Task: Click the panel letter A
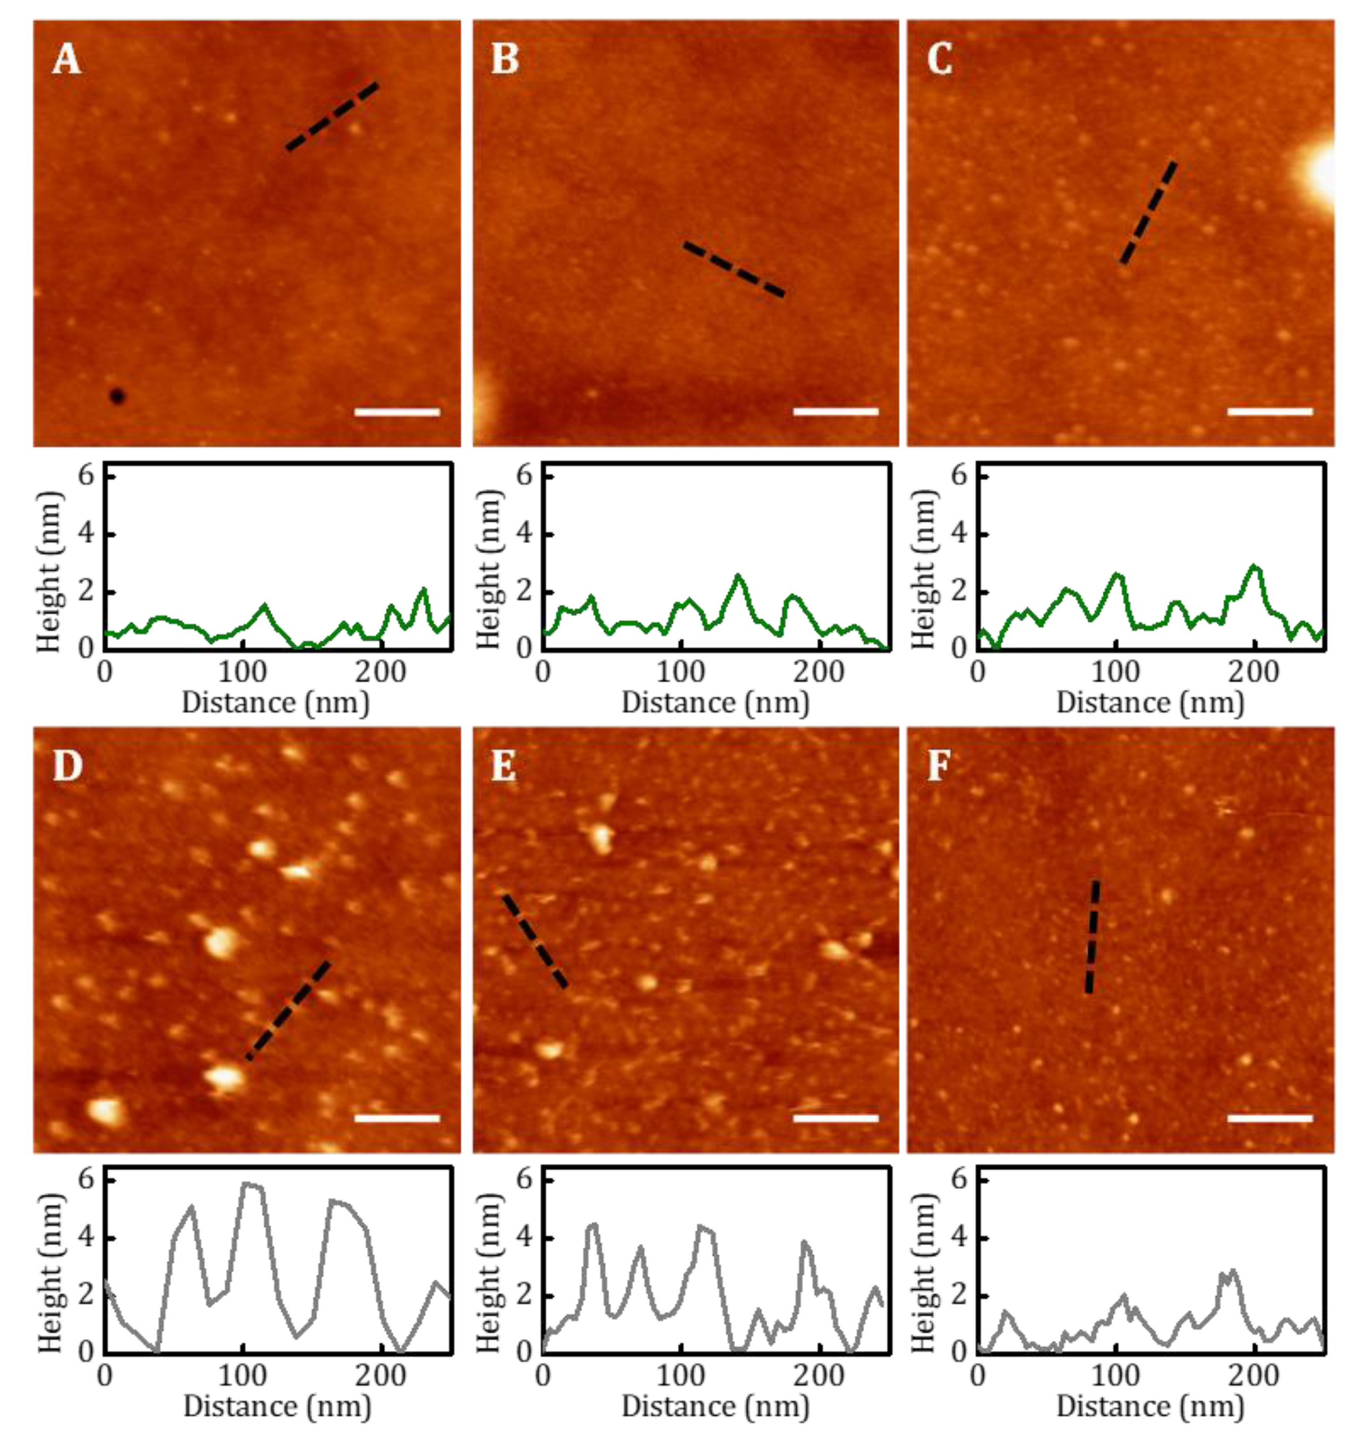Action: click(66, 59)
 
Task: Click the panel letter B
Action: click(505, 59)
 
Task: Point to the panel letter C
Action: click(940, 59)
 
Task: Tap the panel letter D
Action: click(67, 766)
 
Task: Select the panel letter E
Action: click(504, 766)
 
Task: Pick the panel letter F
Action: click(939, 766)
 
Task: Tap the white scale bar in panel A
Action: click(397, 413)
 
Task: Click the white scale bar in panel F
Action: click(1270, 1118)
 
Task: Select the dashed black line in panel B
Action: click(734, 269)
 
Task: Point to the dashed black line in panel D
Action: click(288, 1010)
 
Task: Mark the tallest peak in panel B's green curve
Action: click(738, 576)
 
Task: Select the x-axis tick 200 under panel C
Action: click(1254, 672)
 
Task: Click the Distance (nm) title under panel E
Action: click(714, 1406)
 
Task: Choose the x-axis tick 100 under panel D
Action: click(243, 1375)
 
